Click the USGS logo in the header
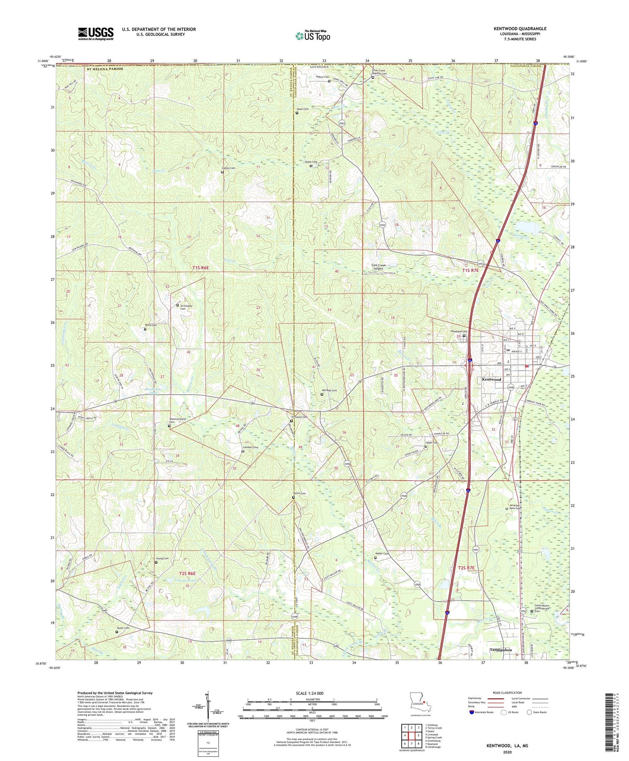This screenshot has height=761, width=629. point(95,34)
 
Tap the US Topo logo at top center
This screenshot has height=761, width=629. point(312,36)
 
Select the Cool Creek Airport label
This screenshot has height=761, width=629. point(378,267)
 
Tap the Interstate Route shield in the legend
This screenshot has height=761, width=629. point(471,712)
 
